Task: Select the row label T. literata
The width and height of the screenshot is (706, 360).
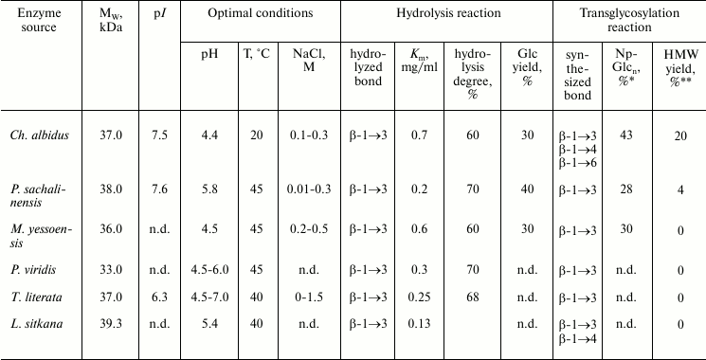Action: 36,296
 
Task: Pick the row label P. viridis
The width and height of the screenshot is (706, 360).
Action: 33,268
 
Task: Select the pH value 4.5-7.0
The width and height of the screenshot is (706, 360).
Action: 209,296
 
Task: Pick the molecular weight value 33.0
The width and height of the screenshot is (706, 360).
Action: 112,268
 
